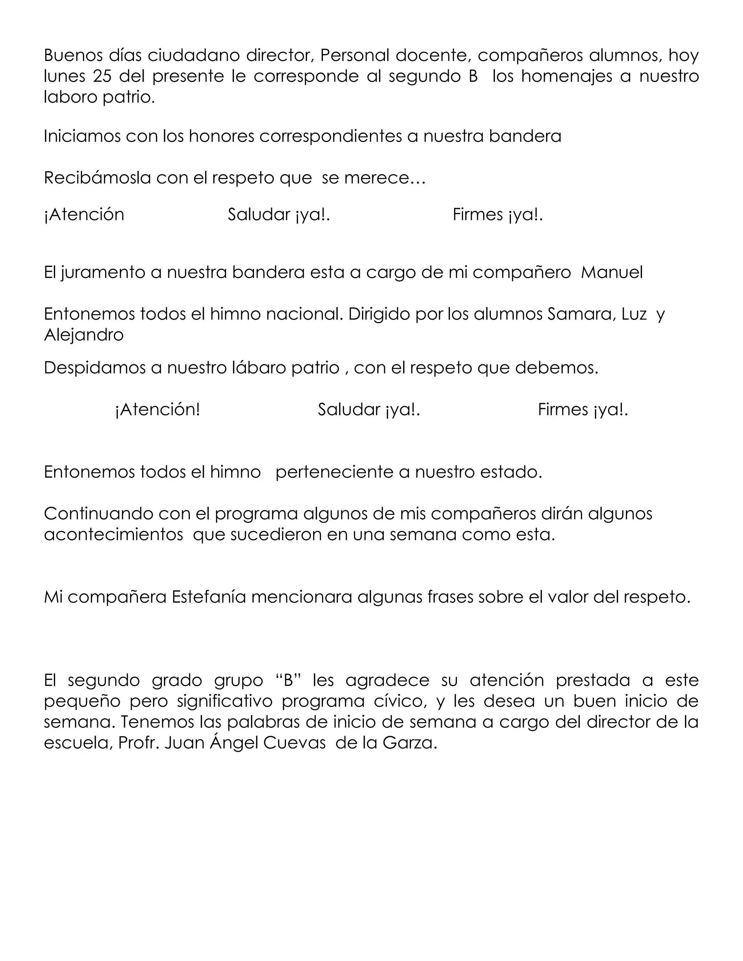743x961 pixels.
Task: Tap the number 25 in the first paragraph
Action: (102, 76)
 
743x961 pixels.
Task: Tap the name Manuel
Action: (611, 273)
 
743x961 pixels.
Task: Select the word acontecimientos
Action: (114, 535)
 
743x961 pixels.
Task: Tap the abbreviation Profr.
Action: (139, 743)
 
